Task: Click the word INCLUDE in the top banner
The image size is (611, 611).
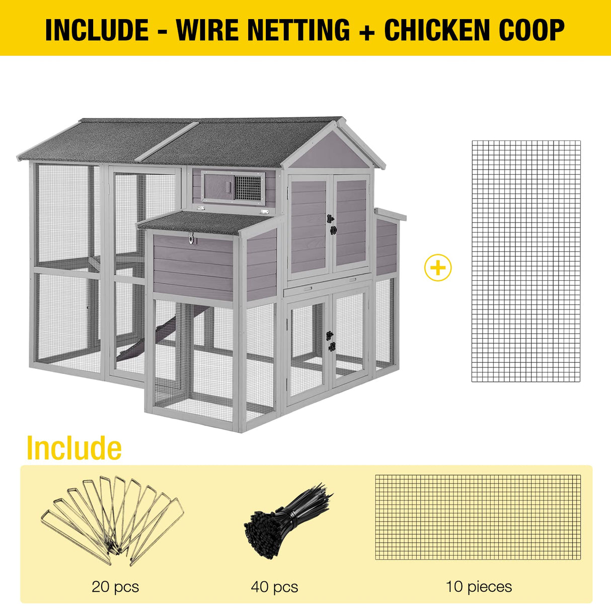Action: tap(96, 30)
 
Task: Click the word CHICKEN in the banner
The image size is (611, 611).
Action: tap(437, 30)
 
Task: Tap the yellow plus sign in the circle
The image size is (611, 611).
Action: tap(438, 268)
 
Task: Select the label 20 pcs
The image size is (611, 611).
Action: tap(115, 586)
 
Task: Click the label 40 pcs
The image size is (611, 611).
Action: tap(274, 586)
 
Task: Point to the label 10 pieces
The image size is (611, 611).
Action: tap(479, 586)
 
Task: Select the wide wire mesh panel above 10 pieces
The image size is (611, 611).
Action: tap(478, 517)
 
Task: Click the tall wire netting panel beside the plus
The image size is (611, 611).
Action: tap(526, 261)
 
